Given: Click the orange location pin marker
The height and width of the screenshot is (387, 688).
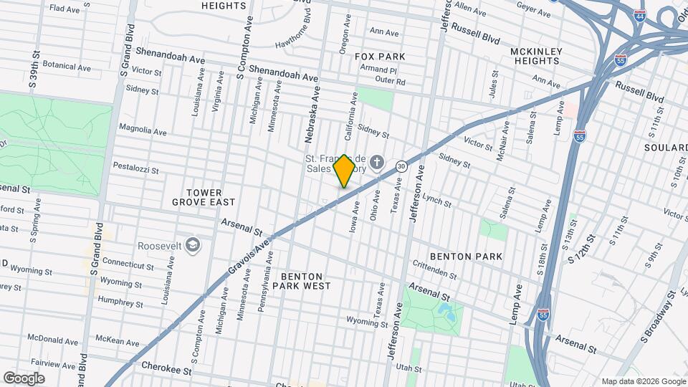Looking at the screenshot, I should pos(344,171).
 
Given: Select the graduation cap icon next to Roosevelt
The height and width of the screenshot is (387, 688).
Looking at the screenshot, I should pos(192,245).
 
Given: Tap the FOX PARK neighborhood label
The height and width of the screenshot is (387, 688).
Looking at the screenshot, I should pos(384,57).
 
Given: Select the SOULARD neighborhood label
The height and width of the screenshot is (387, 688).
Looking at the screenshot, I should pos(666,148).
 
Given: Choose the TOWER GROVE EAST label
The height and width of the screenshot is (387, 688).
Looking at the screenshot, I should pos(203,197).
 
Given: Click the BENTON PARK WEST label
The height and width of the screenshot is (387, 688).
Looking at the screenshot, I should pos(306,280).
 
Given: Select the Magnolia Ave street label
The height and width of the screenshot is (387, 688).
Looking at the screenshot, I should pos(143,130).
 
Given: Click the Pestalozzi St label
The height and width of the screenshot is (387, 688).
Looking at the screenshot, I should pos(135,169).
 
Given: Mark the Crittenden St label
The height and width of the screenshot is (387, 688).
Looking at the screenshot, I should pos(434,270).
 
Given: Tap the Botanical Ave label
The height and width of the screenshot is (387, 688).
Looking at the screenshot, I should pos(67,67).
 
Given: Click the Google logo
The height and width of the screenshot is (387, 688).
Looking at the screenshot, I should pos(24,378).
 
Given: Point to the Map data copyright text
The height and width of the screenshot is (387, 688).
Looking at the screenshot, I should pos(643,381).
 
